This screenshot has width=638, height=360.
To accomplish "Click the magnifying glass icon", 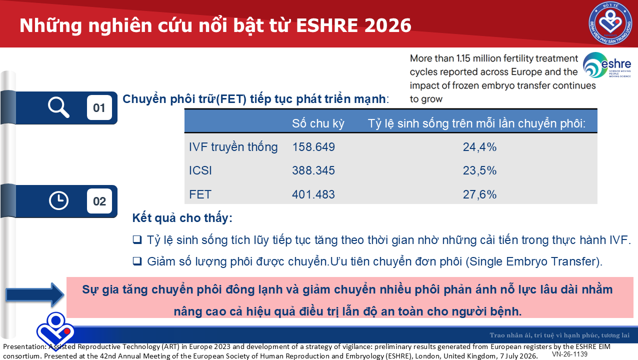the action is pyautogui.click(x=58, y=107).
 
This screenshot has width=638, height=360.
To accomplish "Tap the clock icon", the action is pyautogui.click(x=58, y=201).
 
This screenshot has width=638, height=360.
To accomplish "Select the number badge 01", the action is pyautogui.click(x=99, y=107).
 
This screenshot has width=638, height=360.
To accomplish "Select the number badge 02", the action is pyautogui.click(x=99, y=201).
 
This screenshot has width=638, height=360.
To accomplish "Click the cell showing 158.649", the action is pyautogui.click(x=313, y=147).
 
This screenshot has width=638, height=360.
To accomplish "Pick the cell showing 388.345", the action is pyautogui.click(x=313, y=170).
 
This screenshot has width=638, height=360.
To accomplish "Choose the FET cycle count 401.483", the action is pyautogui.click(x=313, y=194).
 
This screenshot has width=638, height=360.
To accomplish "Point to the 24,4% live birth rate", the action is pyautogui.click(x=479, y=147).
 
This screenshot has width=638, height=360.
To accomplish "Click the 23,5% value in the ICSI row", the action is pyautogui.click(x=479, y=170).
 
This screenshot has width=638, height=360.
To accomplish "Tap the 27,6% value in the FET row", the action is pyautogui.click(x=479, y=194).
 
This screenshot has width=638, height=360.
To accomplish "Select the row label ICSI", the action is pyautogui.click(x=200, y=170).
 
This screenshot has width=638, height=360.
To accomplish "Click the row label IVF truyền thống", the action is pyautogui.click(x=233, y=147).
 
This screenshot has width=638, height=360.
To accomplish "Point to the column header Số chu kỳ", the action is pyautogui.click(x=318, y=123).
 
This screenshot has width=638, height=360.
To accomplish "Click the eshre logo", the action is pyautogui.click(x=607, y=65).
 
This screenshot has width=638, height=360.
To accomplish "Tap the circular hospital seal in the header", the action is pyautogui.click(x=610, y=23).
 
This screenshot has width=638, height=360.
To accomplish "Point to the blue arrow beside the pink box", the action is pyautogui.click(x=35, y=295).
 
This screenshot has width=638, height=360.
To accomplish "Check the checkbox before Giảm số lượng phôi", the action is pyautogui.click(x=137, y=261).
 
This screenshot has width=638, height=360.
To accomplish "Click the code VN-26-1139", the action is pyautogui.click(x=569, y=354).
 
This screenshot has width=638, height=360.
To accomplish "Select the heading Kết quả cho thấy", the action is pyautogui.click(x=182, y=218).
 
